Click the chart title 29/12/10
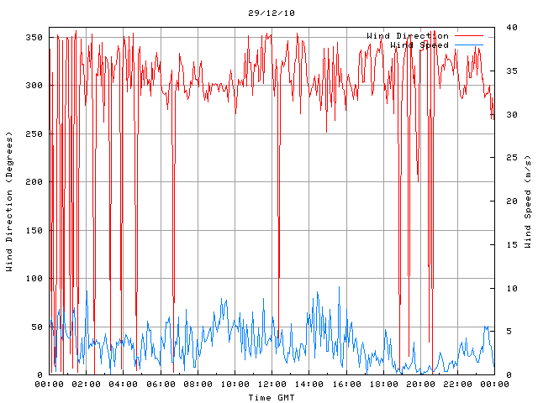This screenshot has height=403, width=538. pos(272,13)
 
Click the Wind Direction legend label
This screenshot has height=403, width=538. pos(407,35)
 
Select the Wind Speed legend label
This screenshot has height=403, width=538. pos(419,44)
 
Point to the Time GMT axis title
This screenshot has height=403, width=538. pos(272,396)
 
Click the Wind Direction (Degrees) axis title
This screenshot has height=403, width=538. pos(9,201)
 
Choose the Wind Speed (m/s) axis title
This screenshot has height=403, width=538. pos(528,201)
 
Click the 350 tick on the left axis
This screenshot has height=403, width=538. pos(34,38)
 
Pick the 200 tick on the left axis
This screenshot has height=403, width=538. pos(34,182)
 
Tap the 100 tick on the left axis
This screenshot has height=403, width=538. pos(34,279)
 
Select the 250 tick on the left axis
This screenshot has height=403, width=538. pos(34,134)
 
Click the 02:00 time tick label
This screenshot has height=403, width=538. pos(86,385)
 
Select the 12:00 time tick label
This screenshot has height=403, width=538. pos(272,385)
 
